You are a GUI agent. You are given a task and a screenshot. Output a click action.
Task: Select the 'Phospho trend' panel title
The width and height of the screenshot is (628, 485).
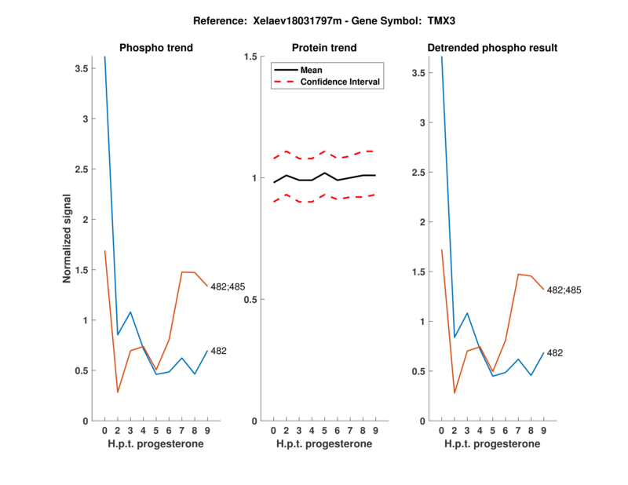coord(155,49)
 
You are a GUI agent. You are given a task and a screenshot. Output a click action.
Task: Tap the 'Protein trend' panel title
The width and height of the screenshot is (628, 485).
coord(324,49)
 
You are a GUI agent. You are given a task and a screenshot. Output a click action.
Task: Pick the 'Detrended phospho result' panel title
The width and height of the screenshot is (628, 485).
coord(492,49)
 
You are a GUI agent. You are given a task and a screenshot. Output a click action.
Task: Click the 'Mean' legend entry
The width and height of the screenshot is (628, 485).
coord(311,70)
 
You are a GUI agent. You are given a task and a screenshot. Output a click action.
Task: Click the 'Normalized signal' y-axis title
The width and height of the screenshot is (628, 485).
coord(68,238)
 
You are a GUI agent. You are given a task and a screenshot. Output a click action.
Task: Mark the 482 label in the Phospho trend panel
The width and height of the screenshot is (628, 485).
coord(219,351)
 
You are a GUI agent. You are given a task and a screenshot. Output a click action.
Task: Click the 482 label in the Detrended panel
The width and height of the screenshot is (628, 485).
coord(555,354)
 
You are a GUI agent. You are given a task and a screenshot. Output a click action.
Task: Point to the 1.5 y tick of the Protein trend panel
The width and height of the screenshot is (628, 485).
coord(251,57)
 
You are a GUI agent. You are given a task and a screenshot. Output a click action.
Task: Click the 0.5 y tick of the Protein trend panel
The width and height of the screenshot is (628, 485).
coord(251,300)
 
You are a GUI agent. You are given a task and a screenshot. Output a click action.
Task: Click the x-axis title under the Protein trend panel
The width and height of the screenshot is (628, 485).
coord(324,444)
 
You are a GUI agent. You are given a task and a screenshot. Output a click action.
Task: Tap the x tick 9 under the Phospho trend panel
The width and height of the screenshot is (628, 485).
coord(207,431)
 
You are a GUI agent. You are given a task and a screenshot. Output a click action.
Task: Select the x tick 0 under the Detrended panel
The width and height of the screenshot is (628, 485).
coord(442,431)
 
